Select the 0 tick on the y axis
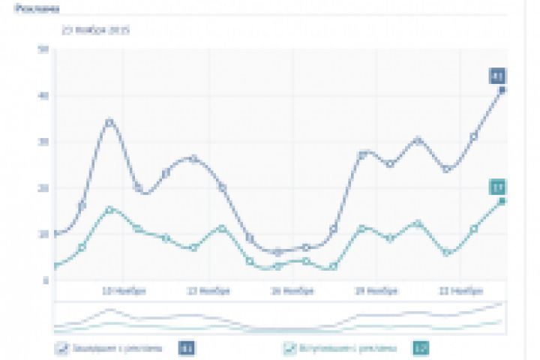[46, 280]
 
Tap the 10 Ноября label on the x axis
[118, 290]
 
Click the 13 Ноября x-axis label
[203, 290]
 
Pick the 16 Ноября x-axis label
[288, 290]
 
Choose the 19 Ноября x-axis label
[372, 290]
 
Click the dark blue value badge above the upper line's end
[497, 75]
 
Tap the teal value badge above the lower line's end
[497, 187]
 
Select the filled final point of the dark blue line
[502, 90]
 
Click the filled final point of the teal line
[502, 201]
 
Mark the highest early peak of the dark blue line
[110, 121]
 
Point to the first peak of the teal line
[110, 210]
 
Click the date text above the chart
[97, 31]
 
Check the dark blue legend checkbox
[61, 348]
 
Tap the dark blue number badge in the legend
[187, 348]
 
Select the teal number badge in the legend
[421, 348]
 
